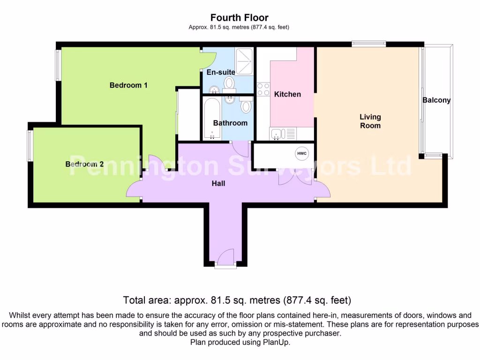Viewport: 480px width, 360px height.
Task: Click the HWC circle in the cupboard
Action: tap(300, 153)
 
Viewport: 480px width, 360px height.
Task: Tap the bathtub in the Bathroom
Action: tap(212, 119)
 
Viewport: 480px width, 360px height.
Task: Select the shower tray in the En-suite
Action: tap(244, 61)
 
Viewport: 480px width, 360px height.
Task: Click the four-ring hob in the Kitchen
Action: tap(263, 89)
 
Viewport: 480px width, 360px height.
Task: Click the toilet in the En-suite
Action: tap(229, 83)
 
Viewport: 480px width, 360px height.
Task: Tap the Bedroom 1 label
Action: tap(128, 85)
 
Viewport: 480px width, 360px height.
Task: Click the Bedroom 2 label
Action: tap(84, 164)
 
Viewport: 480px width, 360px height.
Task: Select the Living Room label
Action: tap(370, 121)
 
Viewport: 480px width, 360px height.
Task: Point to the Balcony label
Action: tap(436, 100)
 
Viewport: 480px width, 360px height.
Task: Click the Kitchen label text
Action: tap(287, 94)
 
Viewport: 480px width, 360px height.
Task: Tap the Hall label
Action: tap(218, 183)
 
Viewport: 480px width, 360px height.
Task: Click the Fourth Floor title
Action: tap(240, 18)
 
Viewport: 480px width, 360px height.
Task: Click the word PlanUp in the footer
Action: tap(278, 343)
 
